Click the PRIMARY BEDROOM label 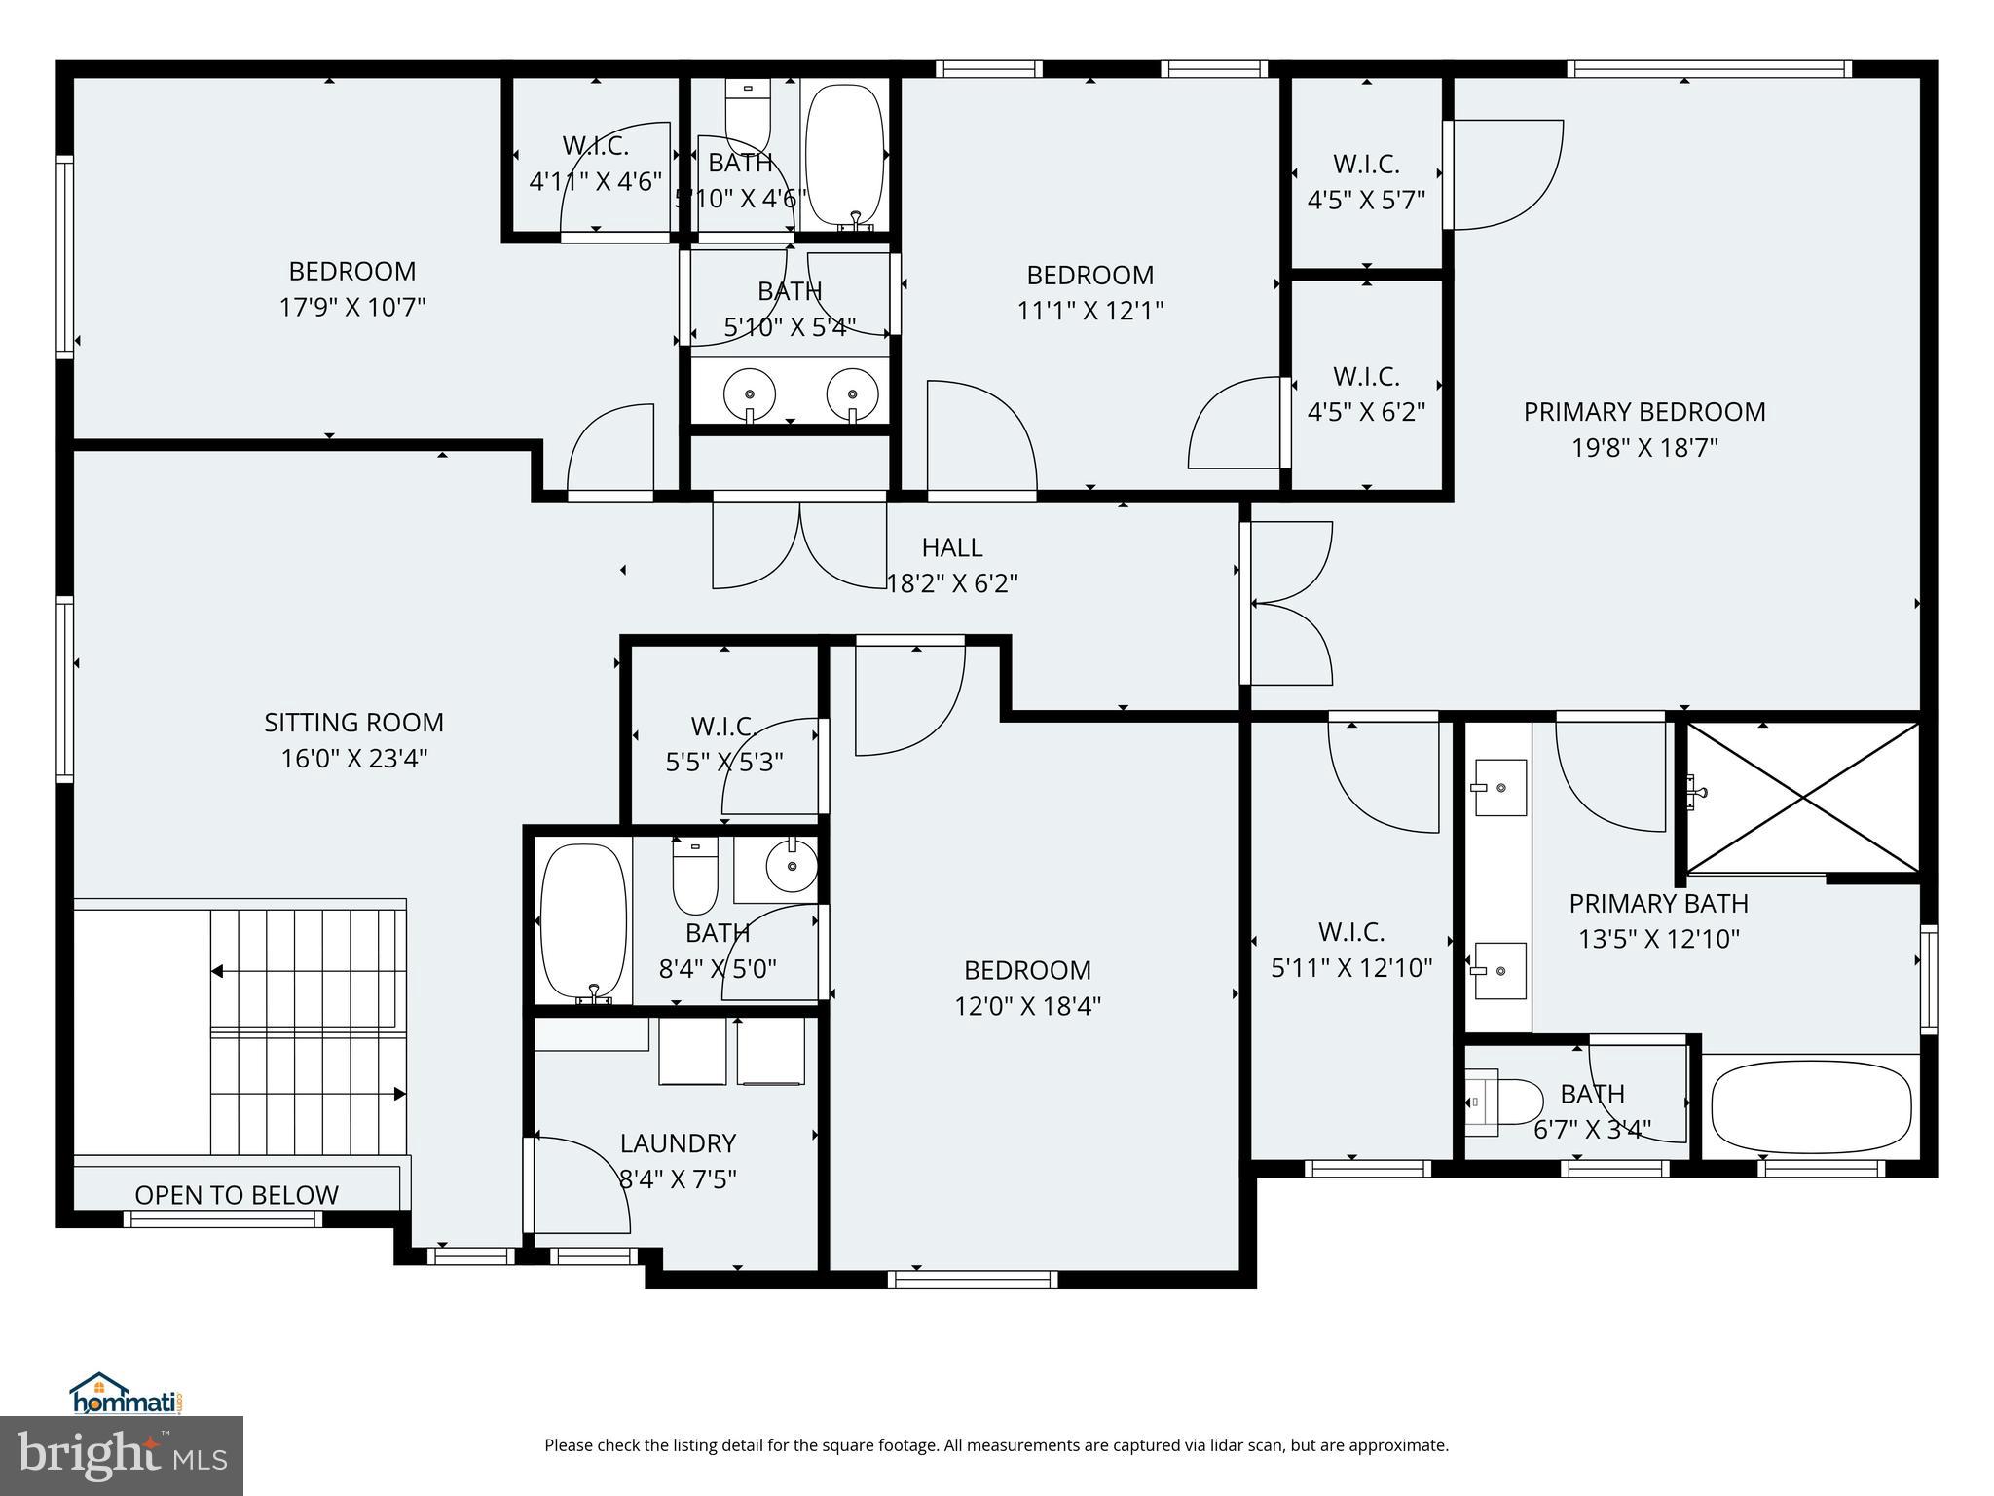1643,412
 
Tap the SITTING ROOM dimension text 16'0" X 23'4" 354,759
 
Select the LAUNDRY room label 678,1143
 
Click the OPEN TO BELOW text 237,1195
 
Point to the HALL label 952,547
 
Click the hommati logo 127,1394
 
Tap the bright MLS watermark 122,1455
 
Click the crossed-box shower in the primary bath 1803,798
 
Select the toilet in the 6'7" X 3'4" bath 1505,1102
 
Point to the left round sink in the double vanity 750,395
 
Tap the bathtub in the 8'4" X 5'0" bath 583,920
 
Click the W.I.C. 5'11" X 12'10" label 1351,950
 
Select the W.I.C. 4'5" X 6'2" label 1366,393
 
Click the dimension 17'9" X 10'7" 352,308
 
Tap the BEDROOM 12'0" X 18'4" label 1027,988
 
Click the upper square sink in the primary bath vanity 1499,787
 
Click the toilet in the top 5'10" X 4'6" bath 748,117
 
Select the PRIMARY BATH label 1658,904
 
